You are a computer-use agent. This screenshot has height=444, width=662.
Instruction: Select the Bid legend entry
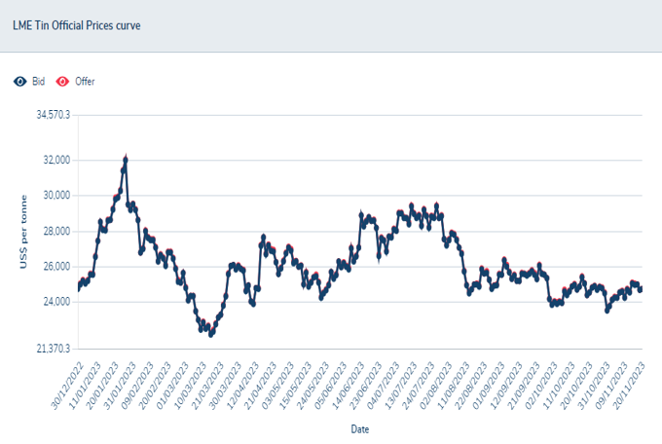tap(39, 81)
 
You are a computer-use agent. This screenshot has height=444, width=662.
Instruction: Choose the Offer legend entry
tap(85, 81)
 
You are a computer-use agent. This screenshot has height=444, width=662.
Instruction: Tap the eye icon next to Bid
tap(19, 81)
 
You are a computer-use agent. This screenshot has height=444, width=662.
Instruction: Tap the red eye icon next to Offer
tap(62, 81)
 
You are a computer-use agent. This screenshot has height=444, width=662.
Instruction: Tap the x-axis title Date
tap(359, 427)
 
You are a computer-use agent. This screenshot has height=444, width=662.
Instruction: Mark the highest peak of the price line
tap(126, 158)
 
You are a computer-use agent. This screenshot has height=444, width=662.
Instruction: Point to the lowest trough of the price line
tap(211, 334)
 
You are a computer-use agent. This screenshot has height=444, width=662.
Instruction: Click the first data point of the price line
tap(79, 288)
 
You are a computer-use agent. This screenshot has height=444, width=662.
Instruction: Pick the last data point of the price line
tap(640, 289)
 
